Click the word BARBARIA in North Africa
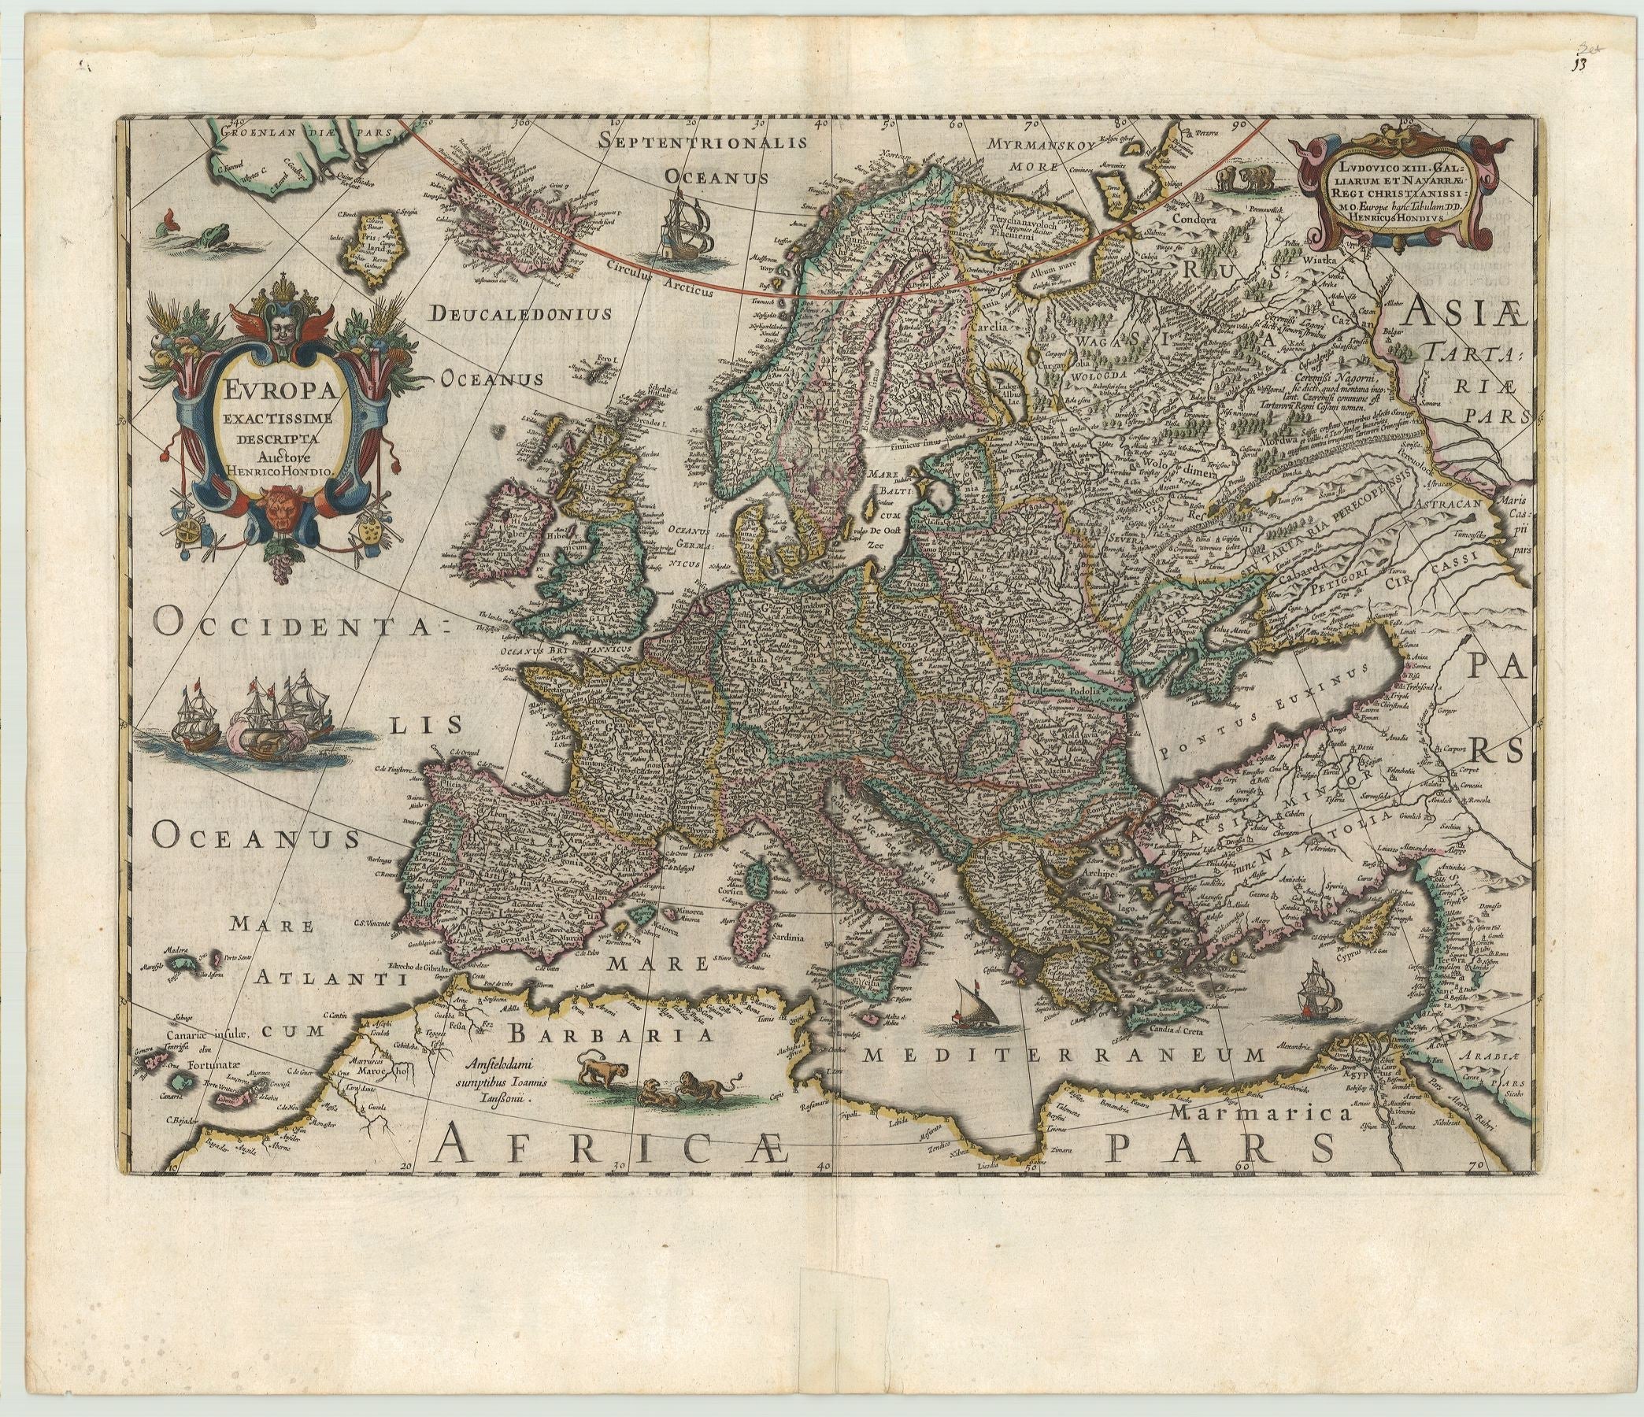[608, 1035]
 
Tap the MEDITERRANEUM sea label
[1063, 1054]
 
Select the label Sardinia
[784, 937]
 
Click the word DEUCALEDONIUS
[521, 313]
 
